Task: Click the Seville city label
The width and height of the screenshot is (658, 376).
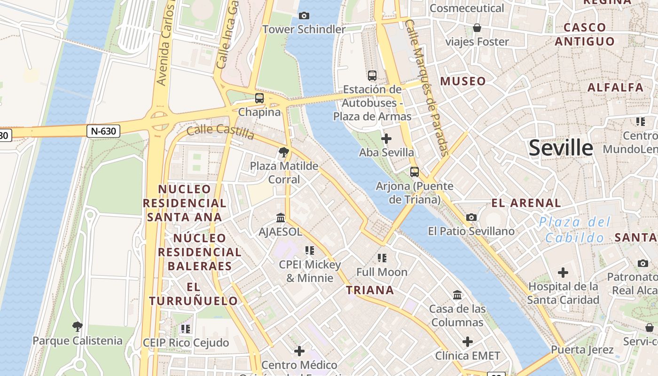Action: pos(561,148)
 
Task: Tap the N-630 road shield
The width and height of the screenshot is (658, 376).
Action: pos(103,131)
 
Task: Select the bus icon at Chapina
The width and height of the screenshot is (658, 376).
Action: pos(259,98)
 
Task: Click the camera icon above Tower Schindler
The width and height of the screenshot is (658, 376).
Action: pos(304,16)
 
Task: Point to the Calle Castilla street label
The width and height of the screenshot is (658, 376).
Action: pos(220,132)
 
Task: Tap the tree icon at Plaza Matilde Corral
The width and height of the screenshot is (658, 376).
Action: pos(283,152)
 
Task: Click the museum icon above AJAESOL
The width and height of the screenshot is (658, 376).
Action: pos(281,218)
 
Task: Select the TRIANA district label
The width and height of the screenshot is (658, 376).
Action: pos(370,290)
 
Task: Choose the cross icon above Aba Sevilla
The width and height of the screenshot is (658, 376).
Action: pos(386,139)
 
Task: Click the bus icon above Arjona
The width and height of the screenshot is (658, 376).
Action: pos(414,172)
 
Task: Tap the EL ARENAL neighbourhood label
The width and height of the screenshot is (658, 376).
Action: pos(526,204)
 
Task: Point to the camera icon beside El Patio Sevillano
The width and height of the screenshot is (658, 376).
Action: pos(471,217)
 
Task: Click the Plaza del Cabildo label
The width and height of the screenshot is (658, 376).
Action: pos(574,229)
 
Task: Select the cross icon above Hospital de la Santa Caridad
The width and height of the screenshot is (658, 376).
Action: pos(563,272)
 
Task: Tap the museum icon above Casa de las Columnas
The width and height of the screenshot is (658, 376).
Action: pos(457,295)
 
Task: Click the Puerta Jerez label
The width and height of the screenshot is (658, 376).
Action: pos(582,350)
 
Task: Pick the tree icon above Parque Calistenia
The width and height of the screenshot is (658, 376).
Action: pos(78,326)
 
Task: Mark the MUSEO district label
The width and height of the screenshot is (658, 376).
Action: pos(463,81)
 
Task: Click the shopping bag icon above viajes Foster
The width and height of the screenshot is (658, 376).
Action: pos(477,28)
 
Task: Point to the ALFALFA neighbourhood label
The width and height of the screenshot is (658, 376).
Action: pos(615,87)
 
